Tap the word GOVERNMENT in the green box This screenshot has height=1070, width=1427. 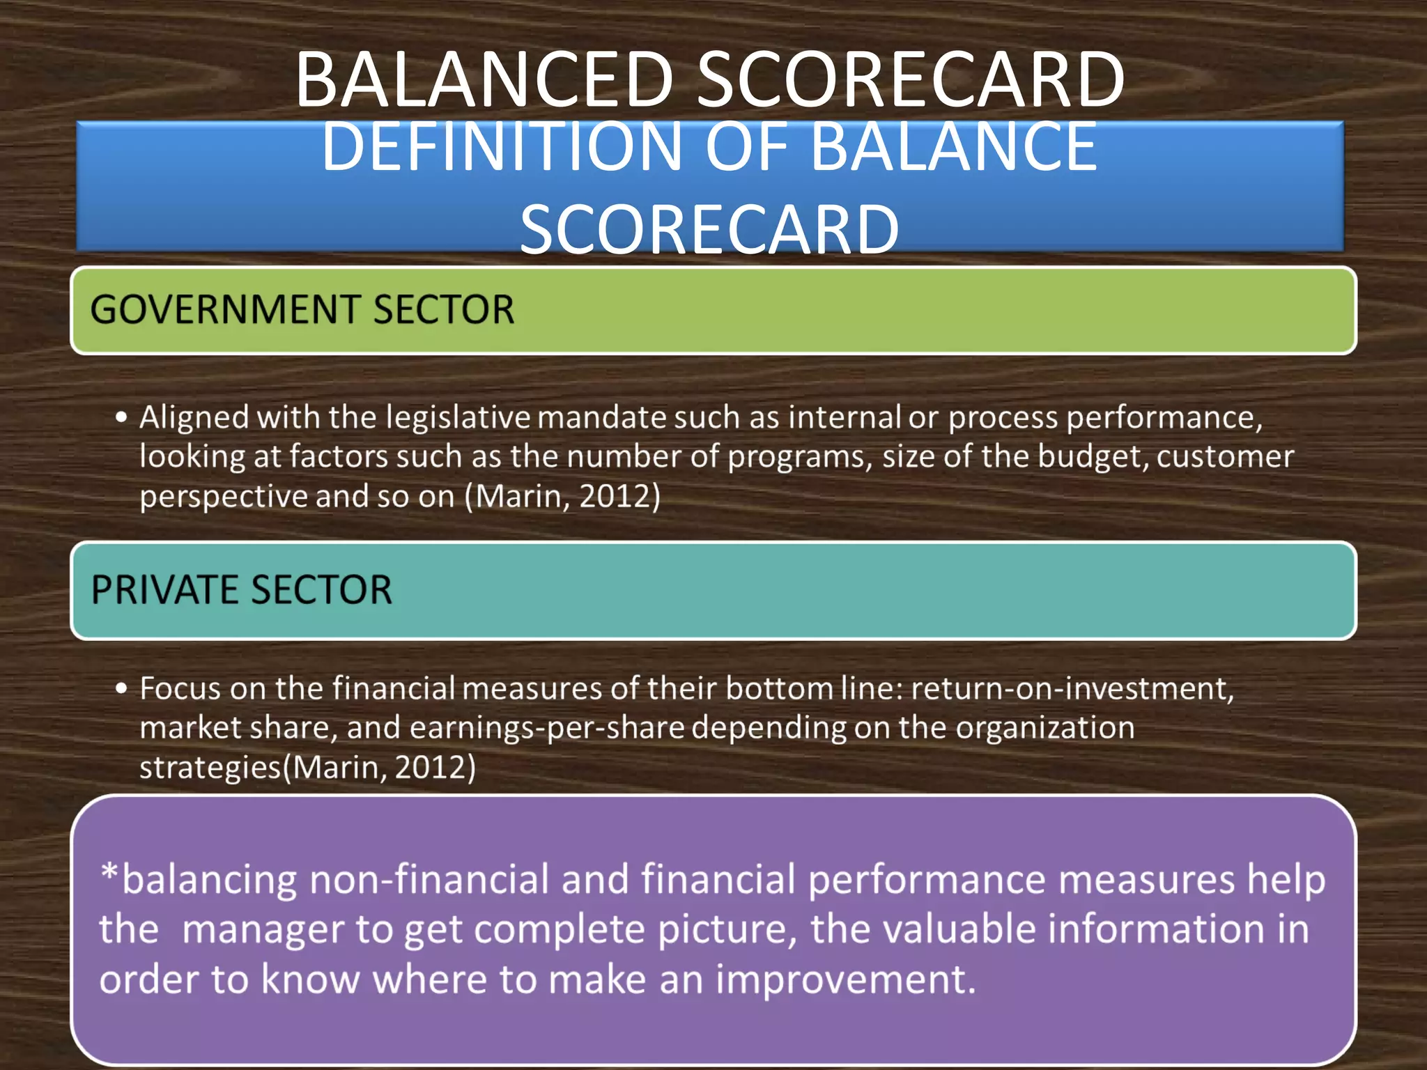226,310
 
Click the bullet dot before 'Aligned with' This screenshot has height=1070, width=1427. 122,418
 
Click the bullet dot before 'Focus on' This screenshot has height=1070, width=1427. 122,689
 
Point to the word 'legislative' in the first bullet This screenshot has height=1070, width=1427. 458,418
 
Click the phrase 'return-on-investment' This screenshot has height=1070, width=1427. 1071,689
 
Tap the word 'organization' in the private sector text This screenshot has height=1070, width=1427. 1044,728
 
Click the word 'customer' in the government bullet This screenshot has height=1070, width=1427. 1224,458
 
